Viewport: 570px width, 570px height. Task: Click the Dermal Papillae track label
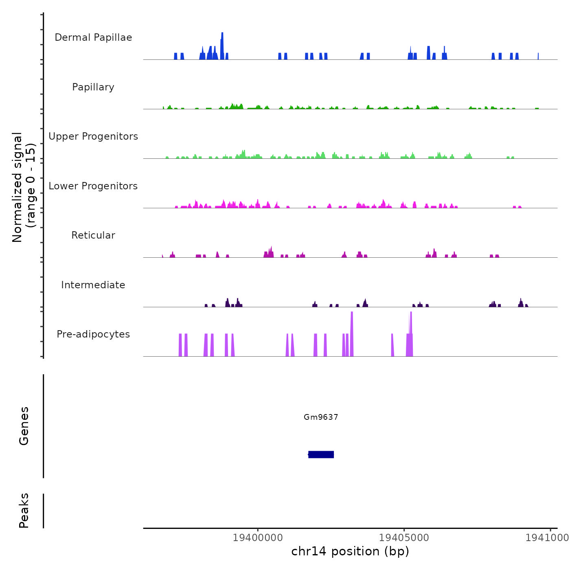tap(93, 37)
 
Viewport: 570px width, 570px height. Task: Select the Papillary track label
tap(93, 87)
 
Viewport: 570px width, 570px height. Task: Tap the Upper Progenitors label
tap(93, 136)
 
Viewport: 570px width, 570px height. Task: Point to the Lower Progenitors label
tap(93, 186)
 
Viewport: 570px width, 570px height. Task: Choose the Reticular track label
tap(93, 235)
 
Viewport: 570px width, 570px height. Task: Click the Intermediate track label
tap(93, 285)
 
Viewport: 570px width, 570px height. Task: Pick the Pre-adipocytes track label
tap(93, 334)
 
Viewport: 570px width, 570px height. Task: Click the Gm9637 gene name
tap(321, 417)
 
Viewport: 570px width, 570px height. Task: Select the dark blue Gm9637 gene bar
tap(321, 454)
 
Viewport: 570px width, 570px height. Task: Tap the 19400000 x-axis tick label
tap(258, 538)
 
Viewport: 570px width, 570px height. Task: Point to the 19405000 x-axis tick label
tap(404, 538)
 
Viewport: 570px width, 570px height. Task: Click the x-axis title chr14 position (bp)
tap(350, 551)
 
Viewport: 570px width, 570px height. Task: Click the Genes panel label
tap(24, 426)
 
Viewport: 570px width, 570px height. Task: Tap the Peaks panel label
tap(24, 511)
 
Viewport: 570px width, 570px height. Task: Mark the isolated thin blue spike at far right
tap(538, 56)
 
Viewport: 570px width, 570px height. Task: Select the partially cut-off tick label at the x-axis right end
tap(547, 538)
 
